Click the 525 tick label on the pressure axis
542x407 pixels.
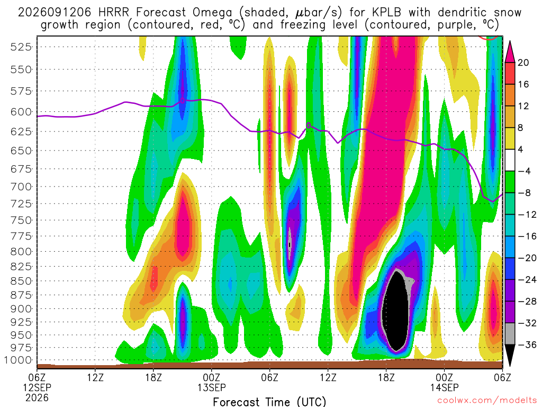(x=21, y=47)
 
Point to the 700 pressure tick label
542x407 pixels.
(x=21, y=187)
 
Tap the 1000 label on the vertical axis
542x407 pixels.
(x=18, y=360)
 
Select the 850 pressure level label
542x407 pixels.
(x=21, y=281)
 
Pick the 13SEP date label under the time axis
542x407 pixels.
(x=212, y=387)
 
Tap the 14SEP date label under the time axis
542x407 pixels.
(x=444, y=387)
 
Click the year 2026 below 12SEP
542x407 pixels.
(x=37, y=397)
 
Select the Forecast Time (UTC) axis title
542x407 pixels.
(x=269, y=402)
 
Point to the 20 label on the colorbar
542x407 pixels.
(x=523, y=63)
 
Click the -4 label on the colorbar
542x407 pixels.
(x=524, y=171)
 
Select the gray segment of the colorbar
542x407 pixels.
(x=510, y=334)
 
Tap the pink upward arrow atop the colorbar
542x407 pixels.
(x=510, y=52)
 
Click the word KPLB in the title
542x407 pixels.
(x=386, y=13)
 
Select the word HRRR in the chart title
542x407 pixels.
(x=113, y=13)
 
